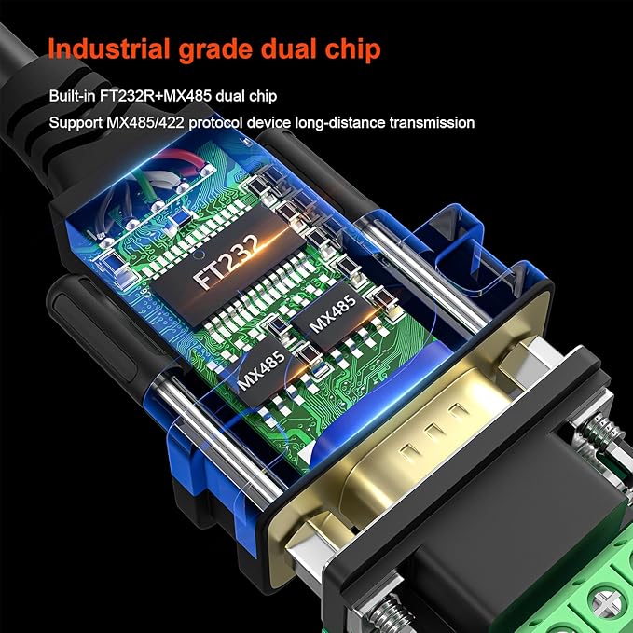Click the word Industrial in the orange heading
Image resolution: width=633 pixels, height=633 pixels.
109,48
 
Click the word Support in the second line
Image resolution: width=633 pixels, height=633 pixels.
76,123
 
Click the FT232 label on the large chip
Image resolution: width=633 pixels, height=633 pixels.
226,260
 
